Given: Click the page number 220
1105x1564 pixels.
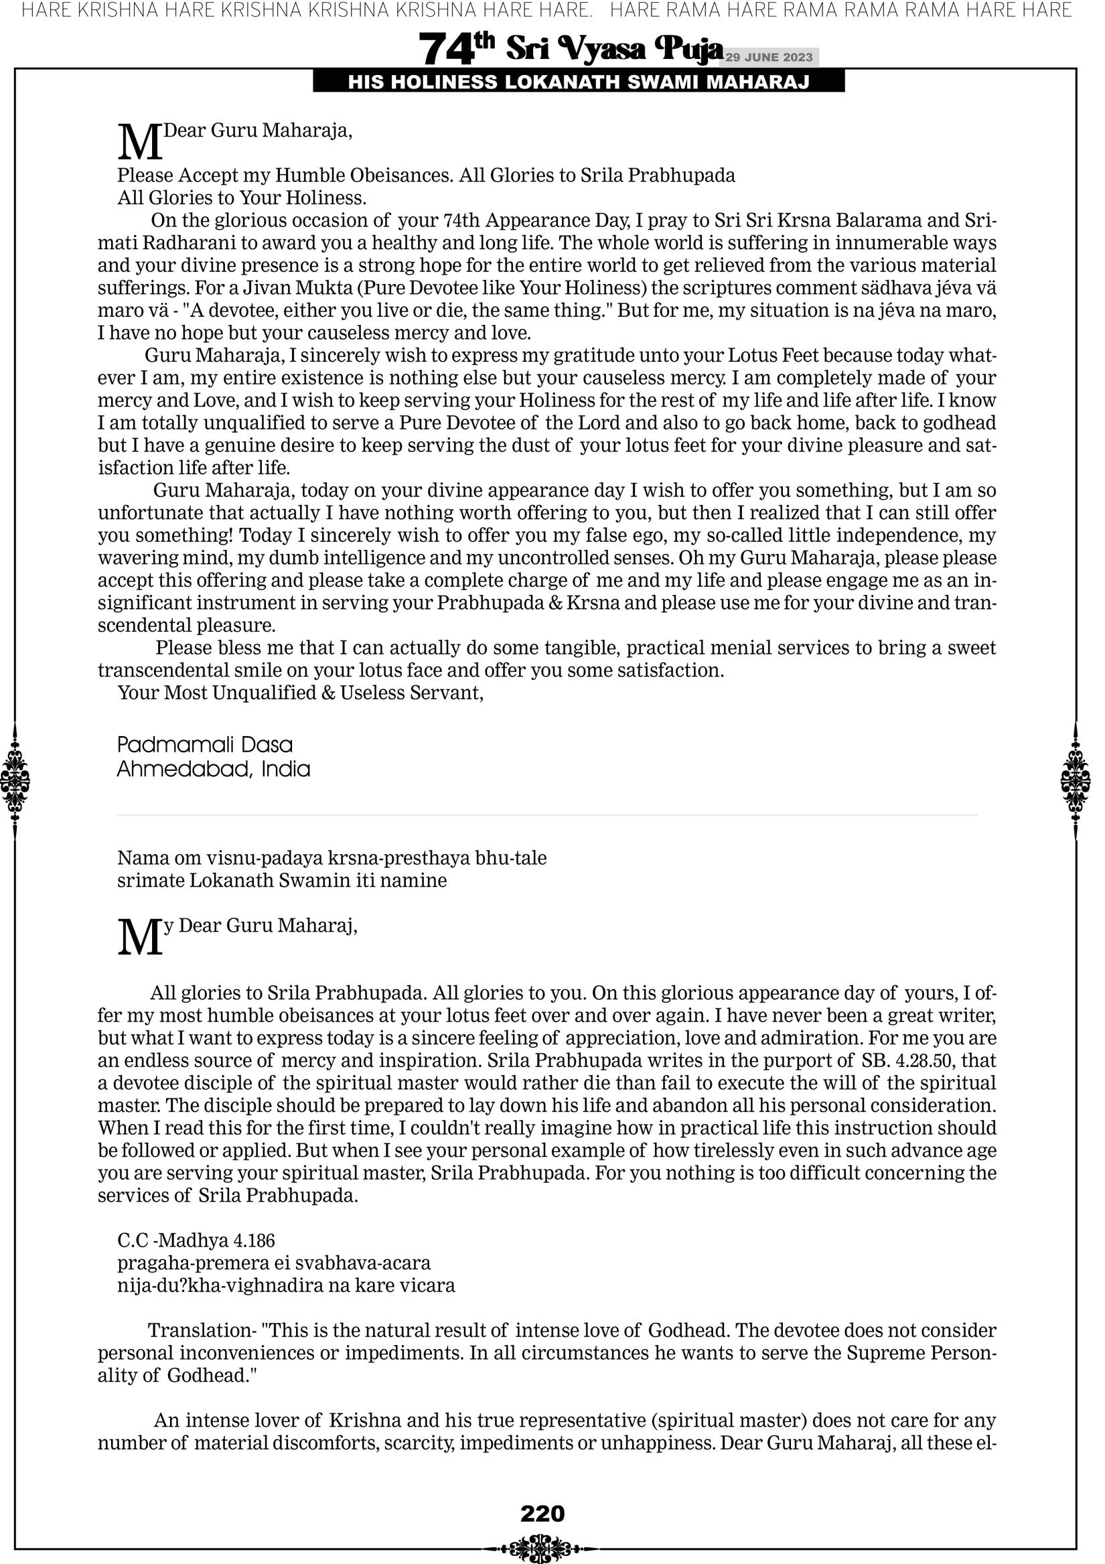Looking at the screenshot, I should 542,1514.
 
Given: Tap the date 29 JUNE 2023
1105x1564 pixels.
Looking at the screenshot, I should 769,57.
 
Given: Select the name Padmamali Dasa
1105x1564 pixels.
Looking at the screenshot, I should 205,745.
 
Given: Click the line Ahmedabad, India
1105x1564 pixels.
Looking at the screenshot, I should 213,769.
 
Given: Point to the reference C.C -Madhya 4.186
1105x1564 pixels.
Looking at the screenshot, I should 196,1240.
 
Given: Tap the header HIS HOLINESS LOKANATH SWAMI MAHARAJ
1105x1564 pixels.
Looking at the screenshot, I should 579,82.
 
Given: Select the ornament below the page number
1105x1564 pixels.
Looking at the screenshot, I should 542,1548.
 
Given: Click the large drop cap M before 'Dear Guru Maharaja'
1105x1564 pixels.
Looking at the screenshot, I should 140,143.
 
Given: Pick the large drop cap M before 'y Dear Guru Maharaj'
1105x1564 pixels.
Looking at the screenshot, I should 140,938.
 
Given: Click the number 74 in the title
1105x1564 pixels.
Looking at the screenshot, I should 446,50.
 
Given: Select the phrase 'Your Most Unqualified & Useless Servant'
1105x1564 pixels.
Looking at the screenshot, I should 301,693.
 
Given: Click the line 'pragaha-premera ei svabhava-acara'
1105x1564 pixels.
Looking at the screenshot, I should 274,1263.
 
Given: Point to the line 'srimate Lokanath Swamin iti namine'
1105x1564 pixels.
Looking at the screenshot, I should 282,880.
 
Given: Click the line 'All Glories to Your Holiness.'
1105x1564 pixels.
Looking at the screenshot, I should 242,198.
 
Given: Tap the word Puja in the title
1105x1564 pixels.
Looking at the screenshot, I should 687,49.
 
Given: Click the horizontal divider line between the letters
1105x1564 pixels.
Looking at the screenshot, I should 547,814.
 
